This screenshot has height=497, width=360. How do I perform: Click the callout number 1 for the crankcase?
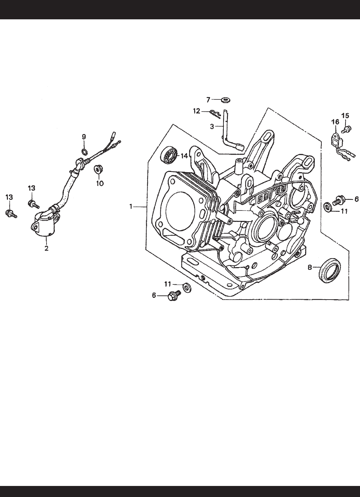point(131,206)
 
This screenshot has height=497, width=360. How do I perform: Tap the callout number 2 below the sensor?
point(47,248)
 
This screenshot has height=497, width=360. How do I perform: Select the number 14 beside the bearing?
point(184,156)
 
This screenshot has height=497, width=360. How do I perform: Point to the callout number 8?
point(309,267)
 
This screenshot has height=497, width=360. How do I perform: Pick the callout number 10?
point(100,183)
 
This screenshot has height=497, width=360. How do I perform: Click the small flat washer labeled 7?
point(226,100)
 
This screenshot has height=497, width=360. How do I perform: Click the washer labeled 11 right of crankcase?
point(328,207)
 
